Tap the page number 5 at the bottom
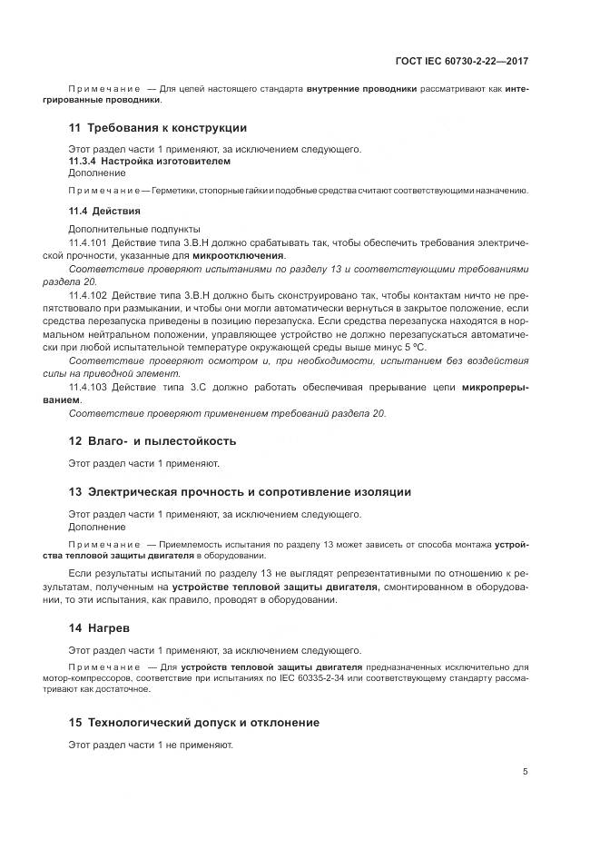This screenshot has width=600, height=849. [526, 772]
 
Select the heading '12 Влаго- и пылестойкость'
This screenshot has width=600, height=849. [152, 441]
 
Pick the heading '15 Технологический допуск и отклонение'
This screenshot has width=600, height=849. [193, 723]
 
